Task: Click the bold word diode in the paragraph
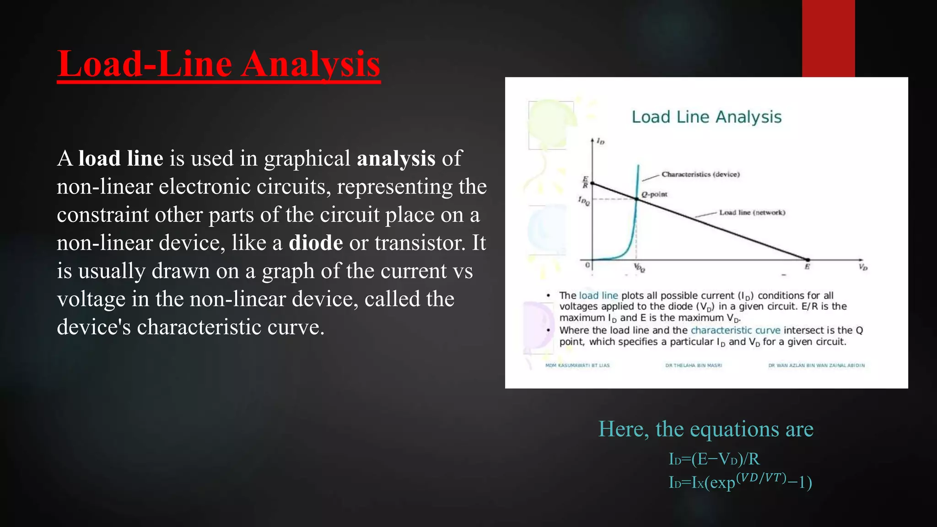316,242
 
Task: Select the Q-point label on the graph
654,194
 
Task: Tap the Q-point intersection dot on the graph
637,199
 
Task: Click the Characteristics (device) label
700,174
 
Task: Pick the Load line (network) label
752,212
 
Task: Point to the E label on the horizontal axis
807,267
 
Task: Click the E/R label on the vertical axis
585,182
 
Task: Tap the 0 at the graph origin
588,265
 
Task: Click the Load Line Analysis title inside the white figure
706,117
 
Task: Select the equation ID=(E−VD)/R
714,459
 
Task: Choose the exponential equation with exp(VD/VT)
740,482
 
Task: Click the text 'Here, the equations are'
706,429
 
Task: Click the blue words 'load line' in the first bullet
598,296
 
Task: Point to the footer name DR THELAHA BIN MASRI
694,366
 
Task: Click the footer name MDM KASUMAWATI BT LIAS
577,366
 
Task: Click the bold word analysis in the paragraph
396,158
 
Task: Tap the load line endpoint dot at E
808,260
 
